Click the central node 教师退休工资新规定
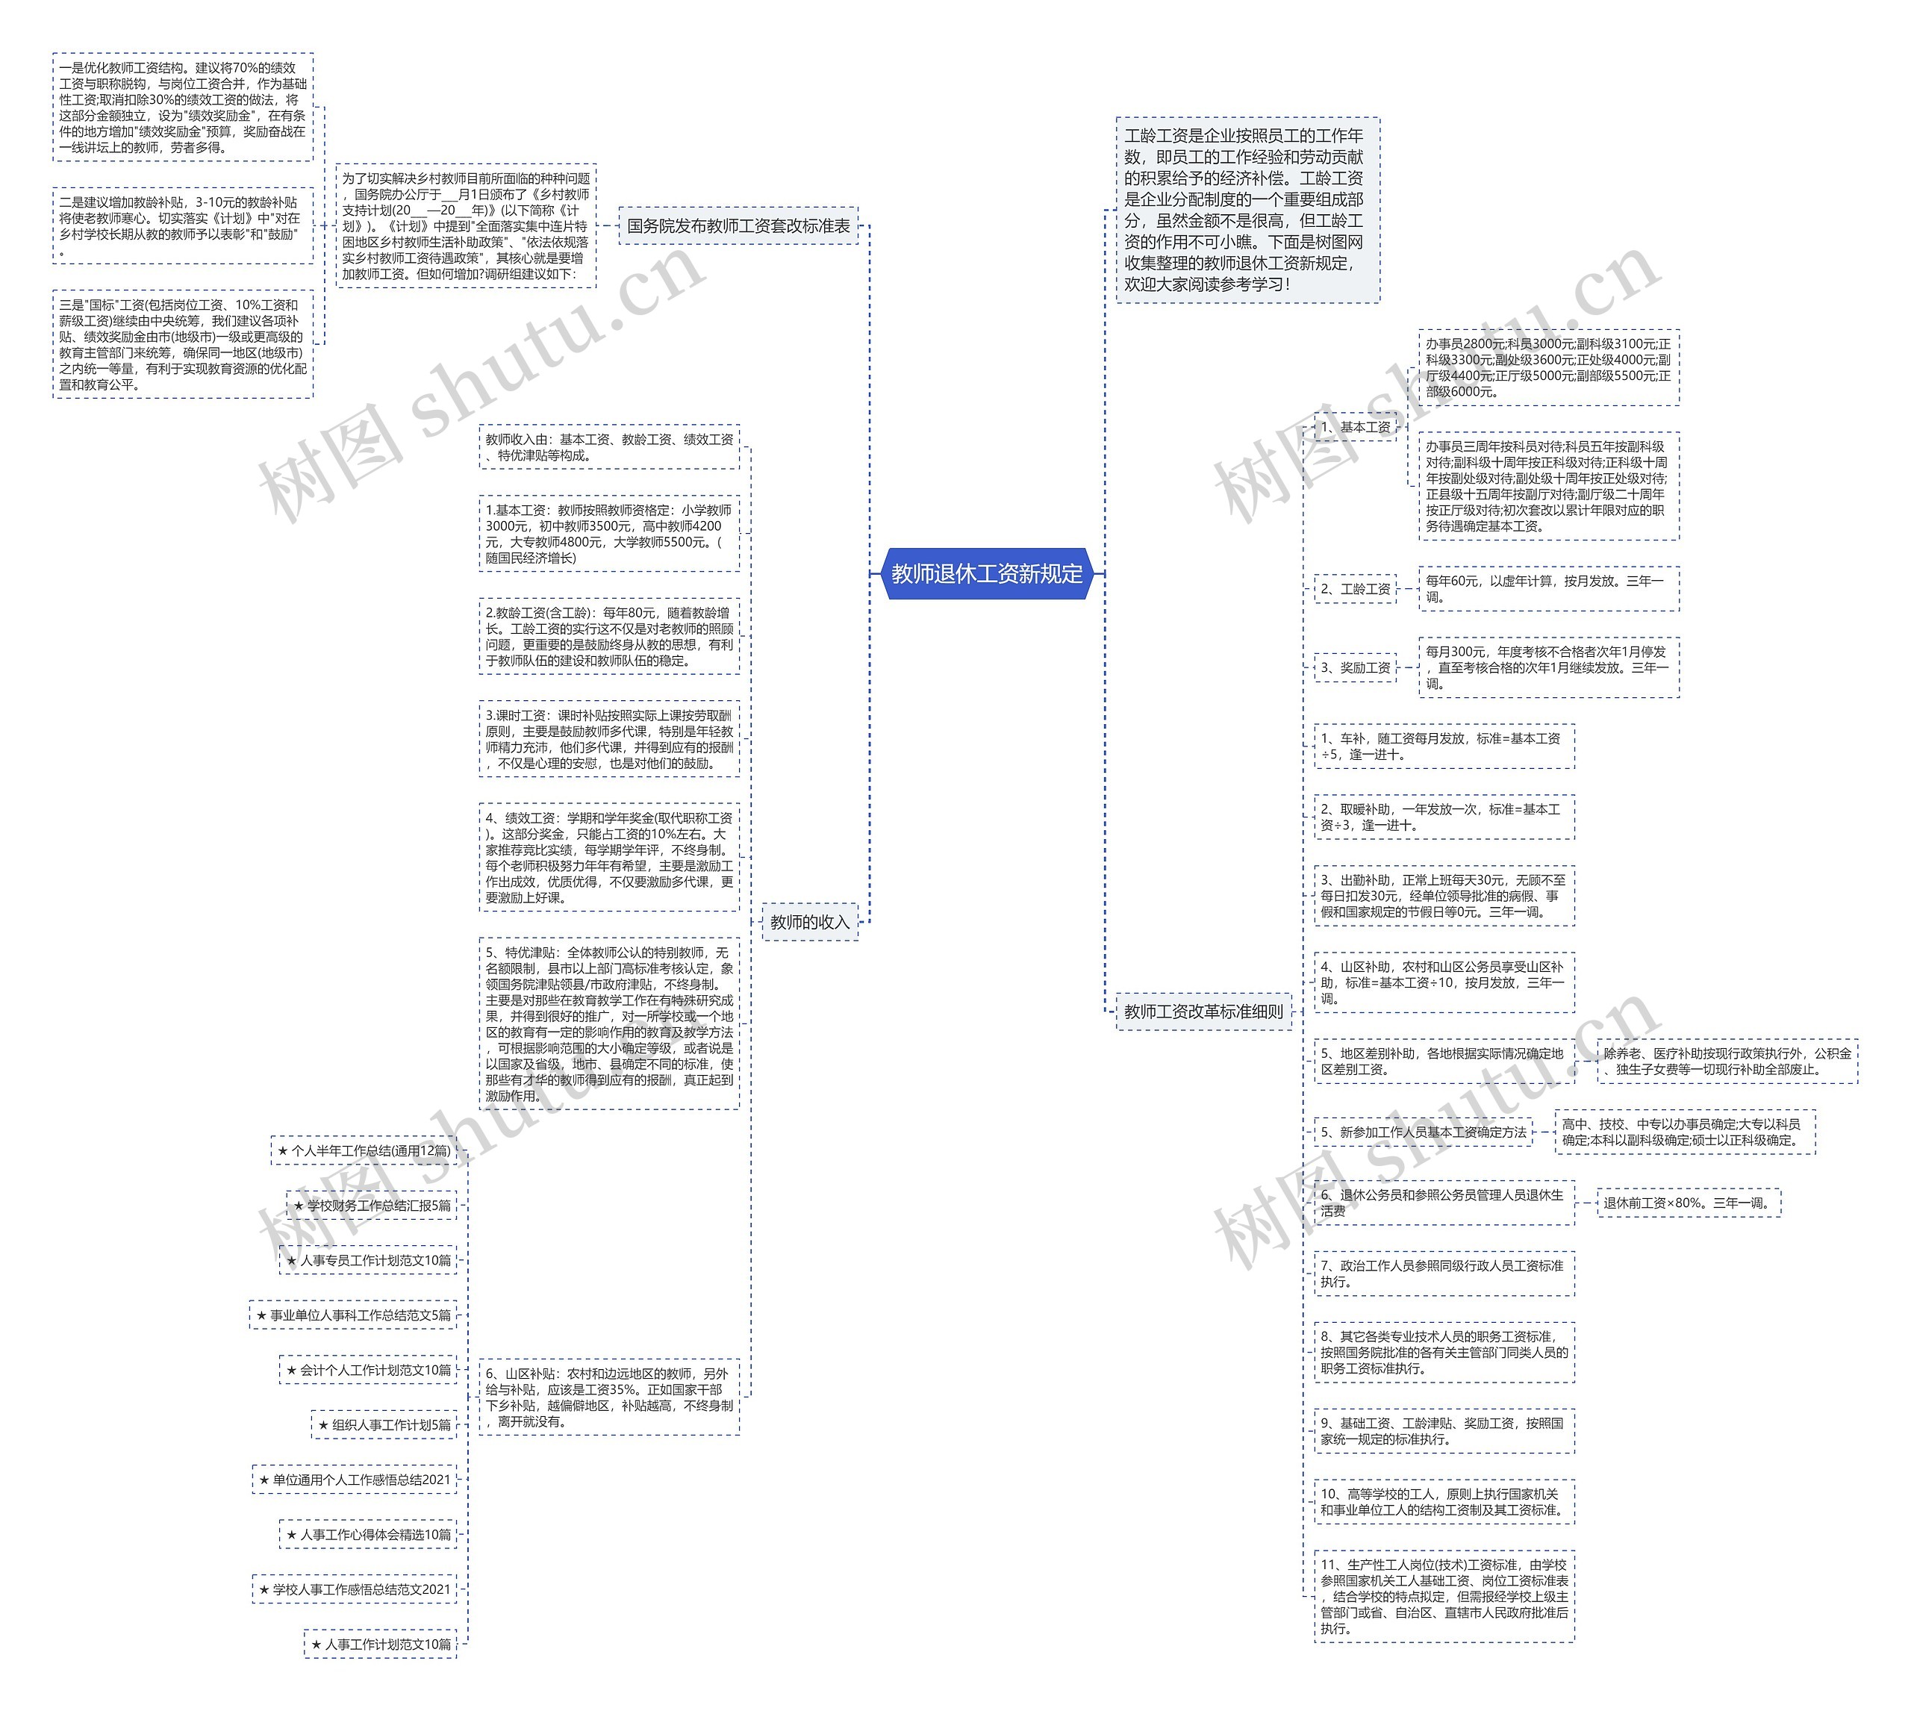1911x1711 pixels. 986,573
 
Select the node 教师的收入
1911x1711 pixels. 808,922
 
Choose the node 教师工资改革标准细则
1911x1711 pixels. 1203,1012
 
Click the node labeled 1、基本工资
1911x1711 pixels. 1355,427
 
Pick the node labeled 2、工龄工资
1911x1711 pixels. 1355,588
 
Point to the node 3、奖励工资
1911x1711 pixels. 1355,667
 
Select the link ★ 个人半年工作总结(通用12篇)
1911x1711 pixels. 364,1150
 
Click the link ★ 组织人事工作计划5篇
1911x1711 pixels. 384,1425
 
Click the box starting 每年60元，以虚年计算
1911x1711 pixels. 1547,588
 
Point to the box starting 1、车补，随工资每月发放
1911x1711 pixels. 1443,747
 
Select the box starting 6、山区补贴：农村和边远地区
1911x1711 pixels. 608,1397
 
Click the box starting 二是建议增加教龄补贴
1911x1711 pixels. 182,225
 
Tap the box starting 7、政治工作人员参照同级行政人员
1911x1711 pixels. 1443,1274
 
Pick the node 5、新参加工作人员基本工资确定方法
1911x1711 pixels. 1422,1132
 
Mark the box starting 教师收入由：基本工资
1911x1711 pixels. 608,447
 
